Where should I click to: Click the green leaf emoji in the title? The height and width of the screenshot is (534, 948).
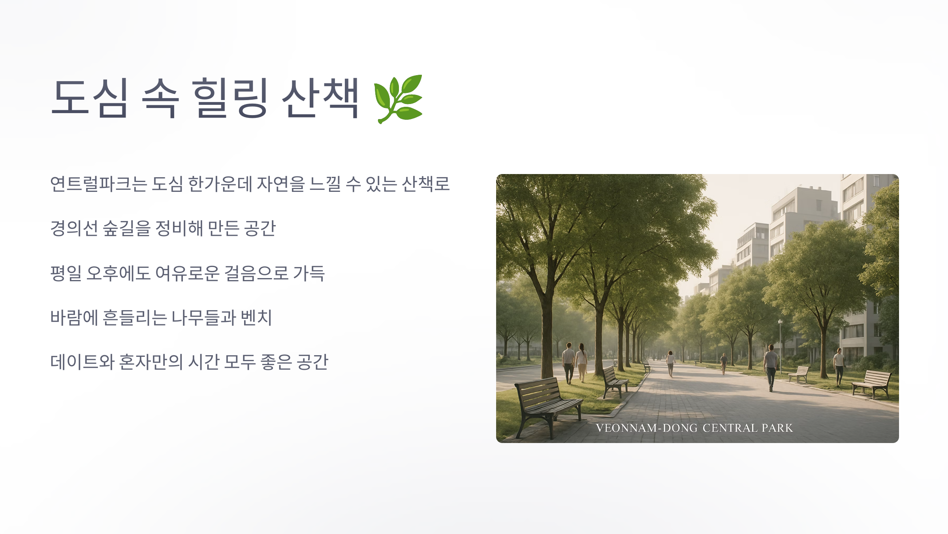(398, 99)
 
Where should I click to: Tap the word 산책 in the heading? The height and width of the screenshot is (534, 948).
(320, 98)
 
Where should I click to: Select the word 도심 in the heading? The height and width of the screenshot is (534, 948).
(90, 98)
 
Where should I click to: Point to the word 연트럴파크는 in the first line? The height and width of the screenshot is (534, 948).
(99, 184)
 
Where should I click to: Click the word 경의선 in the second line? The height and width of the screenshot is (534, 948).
(74, 229)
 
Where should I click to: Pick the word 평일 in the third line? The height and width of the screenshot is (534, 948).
(66, 273)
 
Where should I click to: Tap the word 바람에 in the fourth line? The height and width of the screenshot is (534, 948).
(74, 318)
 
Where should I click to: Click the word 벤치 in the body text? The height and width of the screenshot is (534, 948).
(256, 318)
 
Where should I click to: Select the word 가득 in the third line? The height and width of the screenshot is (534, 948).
(309, 273)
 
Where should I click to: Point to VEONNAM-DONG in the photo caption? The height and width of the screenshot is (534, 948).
(647, 428)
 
